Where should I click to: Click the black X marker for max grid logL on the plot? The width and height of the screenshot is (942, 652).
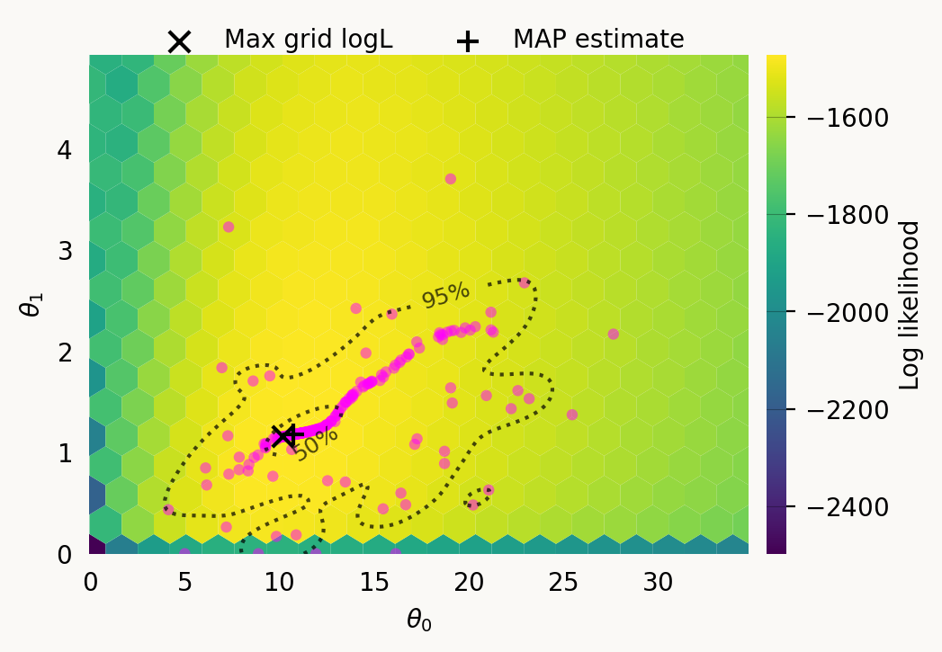point(284,434)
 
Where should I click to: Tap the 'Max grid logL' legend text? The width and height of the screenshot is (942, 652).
point(308,40)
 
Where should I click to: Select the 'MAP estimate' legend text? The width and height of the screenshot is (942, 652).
point(598,40)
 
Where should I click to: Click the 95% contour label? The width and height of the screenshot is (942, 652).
point(445,295)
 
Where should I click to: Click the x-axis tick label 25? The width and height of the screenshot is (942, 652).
point(564,583)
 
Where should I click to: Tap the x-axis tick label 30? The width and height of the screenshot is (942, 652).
point(659,583)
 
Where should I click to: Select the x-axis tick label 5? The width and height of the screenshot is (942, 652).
point(184,583)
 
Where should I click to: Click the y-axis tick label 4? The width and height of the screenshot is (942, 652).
point(65,149)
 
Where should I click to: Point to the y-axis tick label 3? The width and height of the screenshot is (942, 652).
point(65,250)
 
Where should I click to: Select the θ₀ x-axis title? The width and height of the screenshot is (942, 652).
point(418,620)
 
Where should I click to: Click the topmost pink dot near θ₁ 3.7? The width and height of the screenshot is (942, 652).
point(451,179)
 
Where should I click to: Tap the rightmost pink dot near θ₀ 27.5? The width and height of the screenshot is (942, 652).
point(614,334)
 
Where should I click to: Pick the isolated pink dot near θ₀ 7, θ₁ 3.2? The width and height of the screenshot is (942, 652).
point(229,227)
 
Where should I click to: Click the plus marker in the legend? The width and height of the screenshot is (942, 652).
point(467,41)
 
